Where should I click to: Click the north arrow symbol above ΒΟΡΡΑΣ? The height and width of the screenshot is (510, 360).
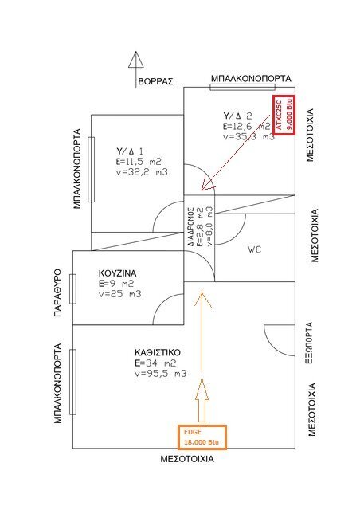click(x=135, y=69)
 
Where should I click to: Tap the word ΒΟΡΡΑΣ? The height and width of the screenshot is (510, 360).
click(x=155, y=81)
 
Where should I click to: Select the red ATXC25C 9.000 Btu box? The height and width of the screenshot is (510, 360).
click(x=284, y=115)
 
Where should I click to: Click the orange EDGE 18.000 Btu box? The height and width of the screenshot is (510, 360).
click(x=202, y=437)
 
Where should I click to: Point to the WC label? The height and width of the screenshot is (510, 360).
click(x=254, y=249)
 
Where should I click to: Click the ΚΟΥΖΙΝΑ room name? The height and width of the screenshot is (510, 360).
click(x=117, y=273)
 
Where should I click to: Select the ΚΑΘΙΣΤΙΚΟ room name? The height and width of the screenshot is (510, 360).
click(x=158, y=352)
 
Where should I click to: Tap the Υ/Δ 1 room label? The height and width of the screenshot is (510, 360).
click(x=130, y=151)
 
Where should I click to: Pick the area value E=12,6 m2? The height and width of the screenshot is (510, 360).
click(x=247, y=126)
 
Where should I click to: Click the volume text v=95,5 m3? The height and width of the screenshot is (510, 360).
click(x=161, y=374)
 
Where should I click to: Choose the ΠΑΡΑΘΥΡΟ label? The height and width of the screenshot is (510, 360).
click(x=57, y=292)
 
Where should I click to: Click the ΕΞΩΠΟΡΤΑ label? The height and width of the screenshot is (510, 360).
click(x=310, y=343)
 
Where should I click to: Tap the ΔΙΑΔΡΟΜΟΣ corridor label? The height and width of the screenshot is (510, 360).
click(x=191, y=226)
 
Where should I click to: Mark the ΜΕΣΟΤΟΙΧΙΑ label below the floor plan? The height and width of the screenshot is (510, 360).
click(x=187, y=459)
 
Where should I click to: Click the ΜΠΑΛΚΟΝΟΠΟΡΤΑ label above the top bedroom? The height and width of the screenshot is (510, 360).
click(x=251, y=79)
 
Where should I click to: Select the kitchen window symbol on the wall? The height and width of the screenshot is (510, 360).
click(x=72, y=288)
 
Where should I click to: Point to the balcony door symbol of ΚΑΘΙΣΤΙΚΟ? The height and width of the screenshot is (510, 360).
click(x=72, y=382)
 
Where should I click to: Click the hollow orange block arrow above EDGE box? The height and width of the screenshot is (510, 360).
click(x=202, y=400)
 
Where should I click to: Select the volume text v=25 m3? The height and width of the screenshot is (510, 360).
click(x=120, y=294)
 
